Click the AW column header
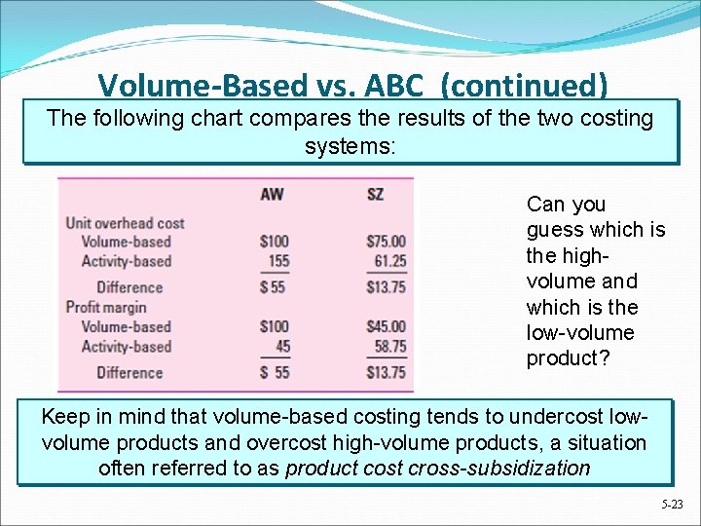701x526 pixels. click(272, 194)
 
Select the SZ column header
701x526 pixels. click(375, 194)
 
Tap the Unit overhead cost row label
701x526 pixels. click(125, 223)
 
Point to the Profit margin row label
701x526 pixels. click(105, 307)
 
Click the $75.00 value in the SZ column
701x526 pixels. click(387, 242)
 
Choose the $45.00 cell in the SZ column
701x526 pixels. click(387, 326)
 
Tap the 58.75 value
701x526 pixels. click(388, 346)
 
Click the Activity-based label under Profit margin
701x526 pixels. click(126, 346)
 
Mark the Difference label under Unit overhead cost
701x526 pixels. click(129, 287)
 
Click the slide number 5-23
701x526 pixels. click(672, 505)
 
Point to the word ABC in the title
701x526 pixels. click(396, 87)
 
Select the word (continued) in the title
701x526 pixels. click(524, 87)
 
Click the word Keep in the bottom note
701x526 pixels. click(64, 417)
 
